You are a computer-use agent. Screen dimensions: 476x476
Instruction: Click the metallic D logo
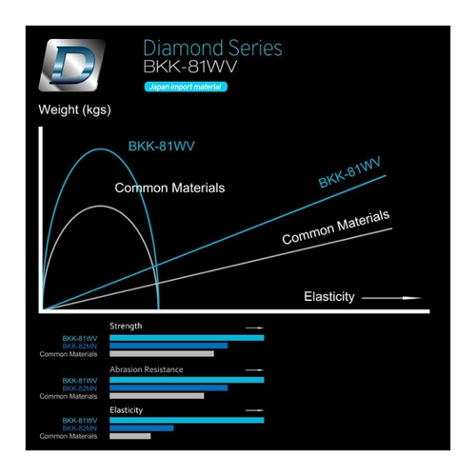coord(71,65)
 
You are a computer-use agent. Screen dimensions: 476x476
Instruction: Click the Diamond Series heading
coord(212,49)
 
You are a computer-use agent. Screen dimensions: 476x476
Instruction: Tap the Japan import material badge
coord(186,87)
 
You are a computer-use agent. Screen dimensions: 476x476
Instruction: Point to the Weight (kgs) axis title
coord(74,109)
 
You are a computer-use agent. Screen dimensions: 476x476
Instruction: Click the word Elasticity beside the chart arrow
coord(329,297)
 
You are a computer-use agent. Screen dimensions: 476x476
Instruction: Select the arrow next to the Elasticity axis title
coord(391,298)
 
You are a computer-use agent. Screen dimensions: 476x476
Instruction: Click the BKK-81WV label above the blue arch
coord(161,146)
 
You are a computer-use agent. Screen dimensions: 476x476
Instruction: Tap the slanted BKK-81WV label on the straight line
coord(349,172)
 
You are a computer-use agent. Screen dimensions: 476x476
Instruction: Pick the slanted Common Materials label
coord(336,227)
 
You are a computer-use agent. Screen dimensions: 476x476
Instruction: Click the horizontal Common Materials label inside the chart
coord(169,188)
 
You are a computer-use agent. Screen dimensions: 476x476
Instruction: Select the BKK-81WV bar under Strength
coord(187,338)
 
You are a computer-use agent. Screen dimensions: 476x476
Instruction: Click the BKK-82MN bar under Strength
coord(169,346)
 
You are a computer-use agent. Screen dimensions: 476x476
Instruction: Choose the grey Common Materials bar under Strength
coord(162,354)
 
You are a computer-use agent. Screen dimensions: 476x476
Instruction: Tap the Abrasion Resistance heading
coord(147,369)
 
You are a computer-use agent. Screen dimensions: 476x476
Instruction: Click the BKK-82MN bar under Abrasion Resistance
coord(169,387)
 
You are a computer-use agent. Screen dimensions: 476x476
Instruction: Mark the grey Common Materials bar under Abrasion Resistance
coord(157,396)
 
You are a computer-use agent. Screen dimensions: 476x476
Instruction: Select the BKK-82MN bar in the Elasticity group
coord(142,428)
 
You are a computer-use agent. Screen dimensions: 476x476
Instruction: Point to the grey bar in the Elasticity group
coord(130,436)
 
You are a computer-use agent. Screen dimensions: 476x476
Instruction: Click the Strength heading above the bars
coord(126,327)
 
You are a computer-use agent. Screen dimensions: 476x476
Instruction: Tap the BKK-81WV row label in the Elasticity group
coord(80,421)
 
